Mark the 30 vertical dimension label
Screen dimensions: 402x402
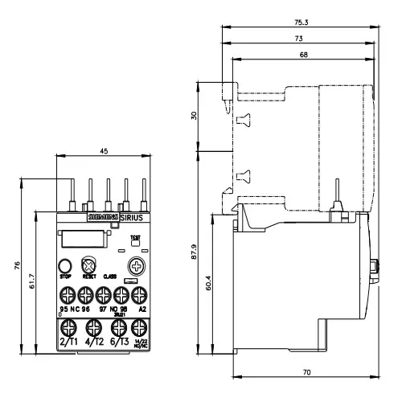pos(193,115)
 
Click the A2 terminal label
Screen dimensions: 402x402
pos(142,310)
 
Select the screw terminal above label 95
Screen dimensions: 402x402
pos(66,293)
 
